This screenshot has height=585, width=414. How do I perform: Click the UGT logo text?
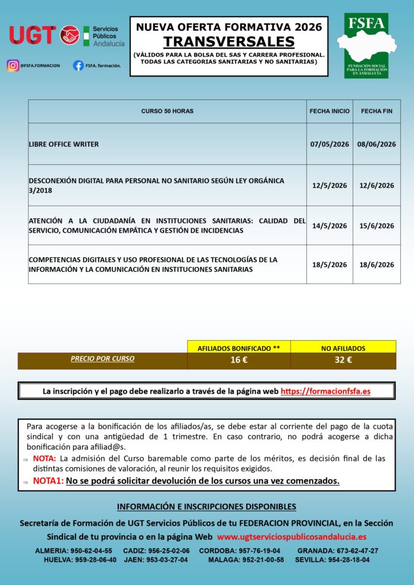(33, 35)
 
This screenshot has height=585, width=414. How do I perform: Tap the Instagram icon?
(12, 65)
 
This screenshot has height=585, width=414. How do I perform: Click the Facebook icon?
(78, 65)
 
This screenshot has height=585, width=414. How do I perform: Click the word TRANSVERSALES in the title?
(229, 42)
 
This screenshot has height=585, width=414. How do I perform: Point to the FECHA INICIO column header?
(330, 111)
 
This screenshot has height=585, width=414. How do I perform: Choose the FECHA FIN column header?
(377, 111)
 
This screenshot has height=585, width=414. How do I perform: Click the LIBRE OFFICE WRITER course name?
(64, 144)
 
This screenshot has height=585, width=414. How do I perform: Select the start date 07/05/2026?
(330, 144)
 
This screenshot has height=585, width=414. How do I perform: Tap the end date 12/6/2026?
(377, 185)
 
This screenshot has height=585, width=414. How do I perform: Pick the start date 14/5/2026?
(330, 226)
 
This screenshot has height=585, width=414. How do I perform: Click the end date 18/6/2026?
(377, 265)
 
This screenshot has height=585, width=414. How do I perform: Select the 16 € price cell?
(239, 360)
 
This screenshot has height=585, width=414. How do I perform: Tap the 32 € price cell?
(343, 360)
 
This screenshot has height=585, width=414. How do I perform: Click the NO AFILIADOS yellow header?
(343, 348)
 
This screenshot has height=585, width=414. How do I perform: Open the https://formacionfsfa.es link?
(325, 391)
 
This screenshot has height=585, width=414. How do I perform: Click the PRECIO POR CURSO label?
(102, 358)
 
